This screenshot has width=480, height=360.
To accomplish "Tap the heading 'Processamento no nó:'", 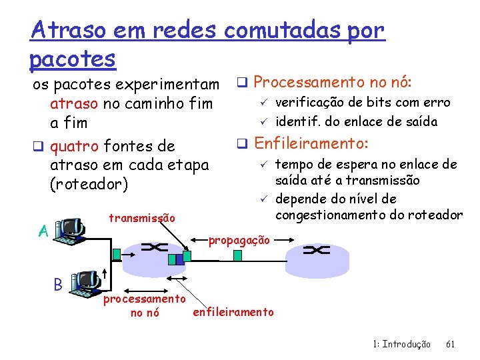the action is pos(333,83).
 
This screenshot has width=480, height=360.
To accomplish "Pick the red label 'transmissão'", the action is pos(141,218).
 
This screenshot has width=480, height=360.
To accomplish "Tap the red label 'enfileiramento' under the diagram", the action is pos(233,312).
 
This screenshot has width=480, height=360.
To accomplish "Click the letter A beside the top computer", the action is pos(43,231).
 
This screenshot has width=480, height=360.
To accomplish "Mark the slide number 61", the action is pos(450,344).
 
